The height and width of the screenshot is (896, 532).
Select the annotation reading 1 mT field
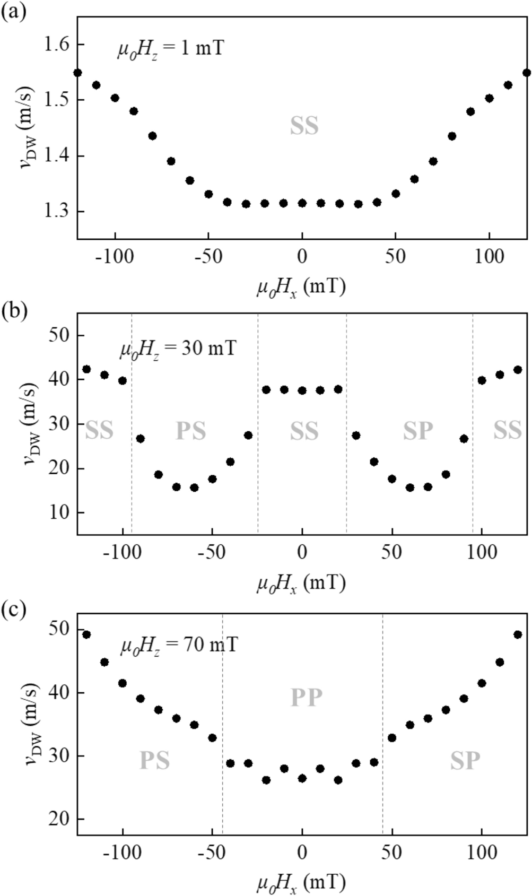171,48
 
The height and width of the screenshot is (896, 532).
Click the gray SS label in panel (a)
304,126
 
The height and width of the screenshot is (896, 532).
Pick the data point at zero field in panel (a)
302,203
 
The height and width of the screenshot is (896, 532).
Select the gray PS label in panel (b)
190,431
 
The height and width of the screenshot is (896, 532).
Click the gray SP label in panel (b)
418,431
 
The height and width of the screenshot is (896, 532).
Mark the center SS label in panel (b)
304,431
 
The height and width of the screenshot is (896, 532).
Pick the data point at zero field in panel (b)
302,390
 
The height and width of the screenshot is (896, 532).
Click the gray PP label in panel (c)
306,698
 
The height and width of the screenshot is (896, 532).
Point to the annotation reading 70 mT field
178,646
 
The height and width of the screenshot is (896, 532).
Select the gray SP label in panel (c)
465,761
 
